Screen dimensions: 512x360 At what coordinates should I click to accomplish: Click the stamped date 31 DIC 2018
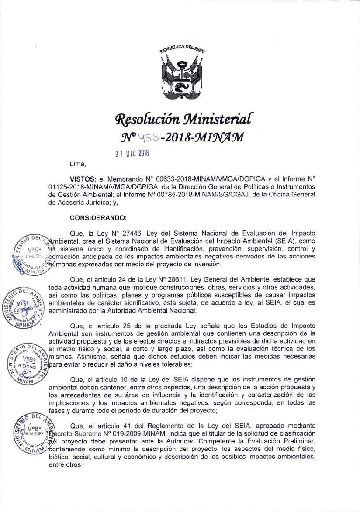132,153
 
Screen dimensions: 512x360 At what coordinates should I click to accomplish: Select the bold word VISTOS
83,179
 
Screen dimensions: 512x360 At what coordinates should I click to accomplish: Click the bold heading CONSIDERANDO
98,218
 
